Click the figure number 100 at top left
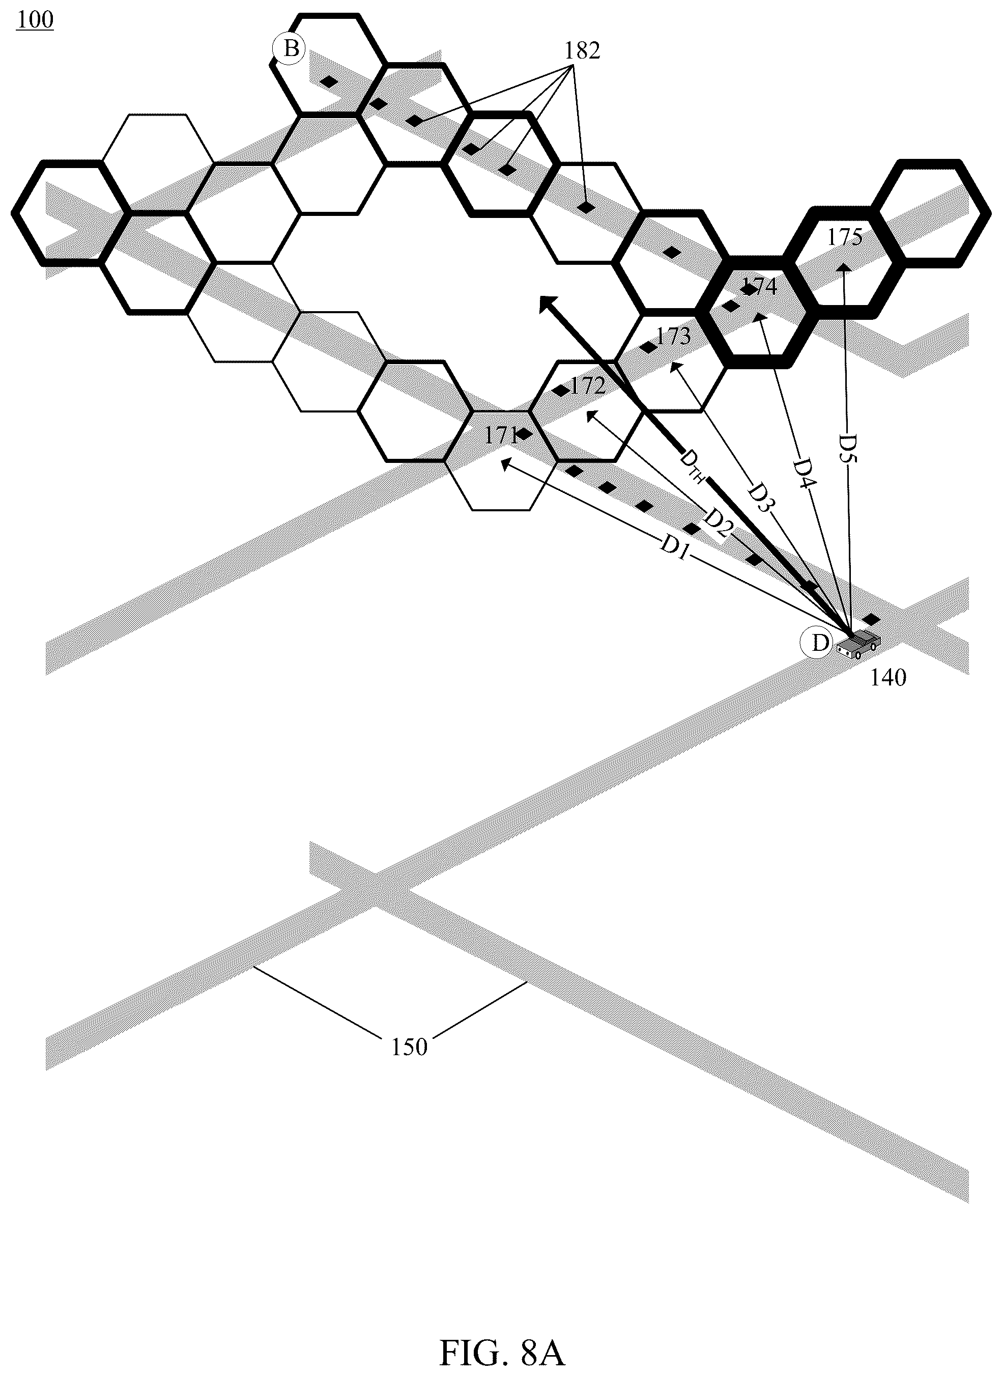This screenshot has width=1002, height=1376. [x=35, y=19]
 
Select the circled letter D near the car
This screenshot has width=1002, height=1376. [x=820, y=643]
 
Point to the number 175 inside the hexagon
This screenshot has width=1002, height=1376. [x=845, y=237]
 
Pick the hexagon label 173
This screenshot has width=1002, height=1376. [x=673, y=336]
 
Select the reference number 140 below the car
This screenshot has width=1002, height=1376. [x=888, y=678]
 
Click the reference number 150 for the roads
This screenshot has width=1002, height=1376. [x=410, y=1047]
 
